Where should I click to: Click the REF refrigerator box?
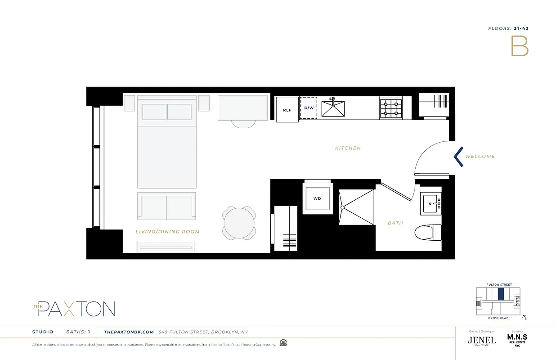coord(287,110)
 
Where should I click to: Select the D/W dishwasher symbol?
coord(309,108)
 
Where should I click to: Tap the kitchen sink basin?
coord(333,108)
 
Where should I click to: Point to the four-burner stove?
coord(390,108)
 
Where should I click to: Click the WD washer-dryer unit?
coord(317,198)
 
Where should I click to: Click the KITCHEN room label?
coord(348,148)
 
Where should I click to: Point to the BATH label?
coord(395,223)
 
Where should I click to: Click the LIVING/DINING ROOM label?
coord(167,232)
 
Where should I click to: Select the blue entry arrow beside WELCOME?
coord(458,157)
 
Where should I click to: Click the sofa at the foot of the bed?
coord(166,206)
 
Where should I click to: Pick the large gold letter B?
coord(519,46)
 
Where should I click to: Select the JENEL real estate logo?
coord(481,340)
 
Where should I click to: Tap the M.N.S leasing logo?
coord(517,338)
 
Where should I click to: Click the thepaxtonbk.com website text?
coord(129,332)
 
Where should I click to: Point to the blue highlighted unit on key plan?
coord(501,294)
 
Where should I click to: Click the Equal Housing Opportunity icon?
coord(283,342)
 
